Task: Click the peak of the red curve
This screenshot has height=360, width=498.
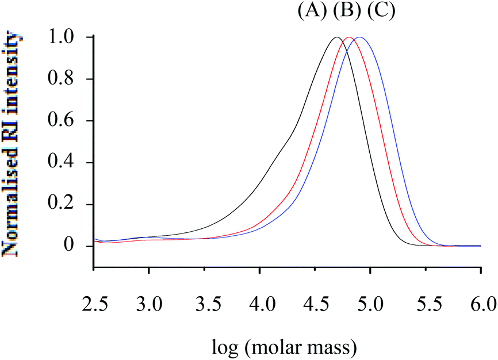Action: pos(348,37)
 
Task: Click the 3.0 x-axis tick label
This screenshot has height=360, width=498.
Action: pos(148,303)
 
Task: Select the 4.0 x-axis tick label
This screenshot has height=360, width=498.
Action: pos(259,303)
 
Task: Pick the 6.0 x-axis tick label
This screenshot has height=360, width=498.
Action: pos(480,303)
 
